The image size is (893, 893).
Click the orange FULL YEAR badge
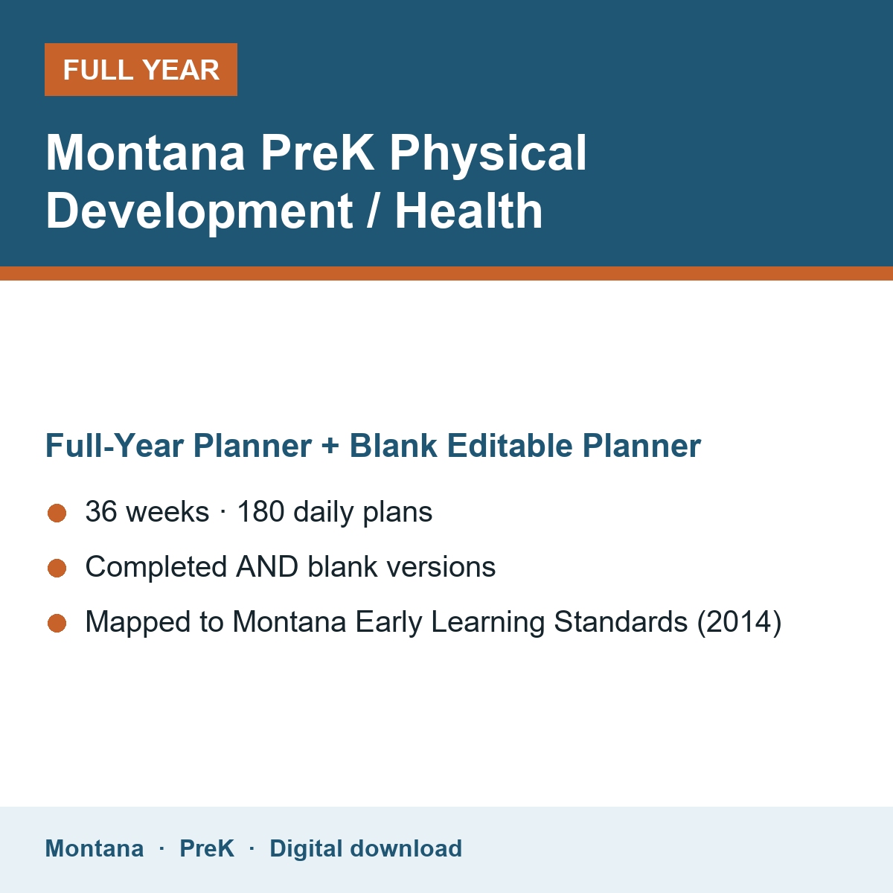point(141,69)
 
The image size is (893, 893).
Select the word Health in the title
point(469,211)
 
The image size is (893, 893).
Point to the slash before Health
point(372,211)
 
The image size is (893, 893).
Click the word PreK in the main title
point(317,153)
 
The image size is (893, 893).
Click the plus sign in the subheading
point(330,446)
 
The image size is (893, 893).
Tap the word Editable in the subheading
point(510,445)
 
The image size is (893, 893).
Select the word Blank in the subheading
point(393,445)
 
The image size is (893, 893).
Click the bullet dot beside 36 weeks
point(57,513)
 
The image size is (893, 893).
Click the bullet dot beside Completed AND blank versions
point(57,568)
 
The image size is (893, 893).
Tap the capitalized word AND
point(267,567)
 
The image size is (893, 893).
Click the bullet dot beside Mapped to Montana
point(57,624)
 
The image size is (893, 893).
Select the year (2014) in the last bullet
point(739,622)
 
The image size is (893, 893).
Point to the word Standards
point(621,621)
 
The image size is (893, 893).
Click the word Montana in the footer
point(94,848)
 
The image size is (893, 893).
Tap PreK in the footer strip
point(207,848)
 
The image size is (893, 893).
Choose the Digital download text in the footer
point(365,849)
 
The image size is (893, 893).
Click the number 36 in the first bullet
point(101,511)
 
